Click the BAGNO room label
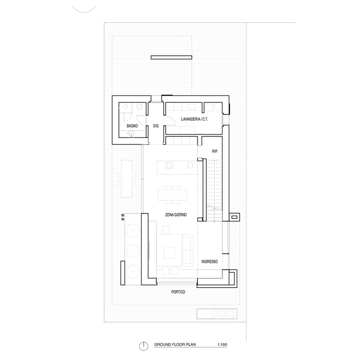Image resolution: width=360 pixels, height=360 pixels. [132, 126]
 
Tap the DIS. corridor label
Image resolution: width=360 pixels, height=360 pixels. [156, 126]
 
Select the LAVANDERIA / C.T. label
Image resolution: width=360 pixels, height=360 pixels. [195, 119]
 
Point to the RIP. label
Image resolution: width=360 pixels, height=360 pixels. [215, 151]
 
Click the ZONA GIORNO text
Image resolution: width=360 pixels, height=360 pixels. [176, 215]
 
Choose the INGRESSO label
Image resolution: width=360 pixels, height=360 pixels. [209, 261]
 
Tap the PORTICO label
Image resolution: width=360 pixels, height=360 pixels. [178, 292]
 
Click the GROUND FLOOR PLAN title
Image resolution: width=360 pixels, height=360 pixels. [175, 344]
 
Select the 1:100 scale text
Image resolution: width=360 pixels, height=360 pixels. [222, 344]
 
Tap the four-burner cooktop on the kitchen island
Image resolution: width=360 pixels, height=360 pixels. [170, 165]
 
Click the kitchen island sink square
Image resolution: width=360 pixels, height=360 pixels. [190, 165]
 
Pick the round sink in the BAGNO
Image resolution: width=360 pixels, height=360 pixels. [131, 134]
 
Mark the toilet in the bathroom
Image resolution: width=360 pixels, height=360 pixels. [139, 107]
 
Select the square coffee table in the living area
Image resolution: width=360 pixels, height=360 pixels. [170, 253]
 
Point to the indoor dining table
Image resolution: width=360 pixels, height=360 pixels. [172, 195]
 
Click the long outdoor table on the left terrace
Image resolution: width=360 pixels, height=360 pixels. [127, 179]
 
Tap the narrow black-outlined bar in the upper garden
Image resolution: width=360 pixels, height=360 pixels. [171, 57]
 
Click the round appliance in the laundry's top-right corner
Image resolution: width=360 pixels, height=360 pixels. [209, 107]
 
